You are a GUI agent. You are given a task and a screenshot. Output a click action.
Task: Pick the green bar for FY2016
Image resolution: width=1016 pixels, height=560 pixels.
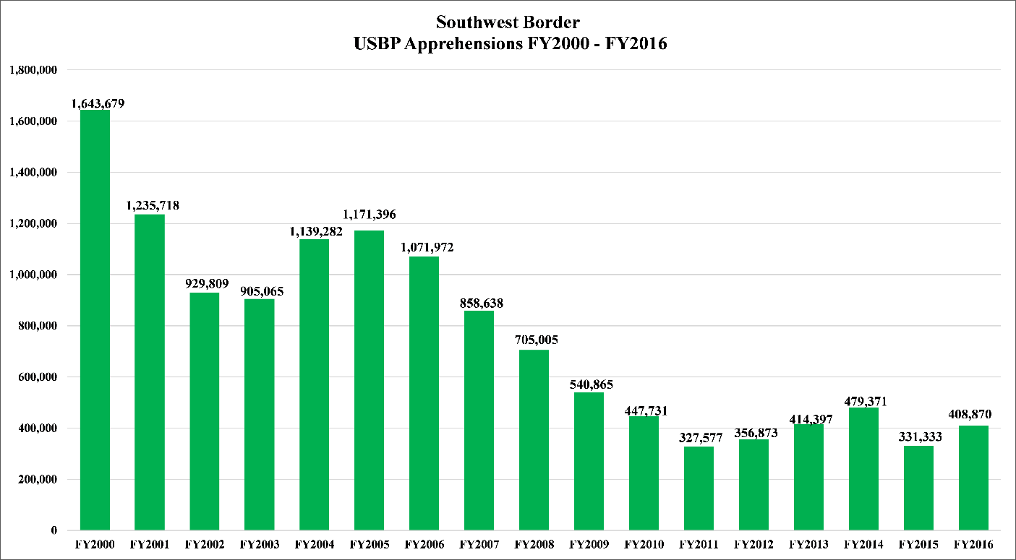[x=973, y=478]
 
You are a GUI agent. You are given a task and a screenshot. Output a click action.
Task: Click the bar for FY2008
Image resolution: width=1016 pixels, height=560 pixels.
[x=534, y=440]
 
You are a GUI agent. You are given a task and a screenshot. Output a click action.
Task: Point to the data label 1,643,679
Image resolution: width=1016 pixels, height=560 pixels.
[x=98, y=103]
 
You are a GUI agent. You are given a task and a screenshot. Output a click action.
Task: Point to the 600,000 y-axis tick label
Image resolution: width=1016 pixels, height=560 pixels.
[x=37, y=377]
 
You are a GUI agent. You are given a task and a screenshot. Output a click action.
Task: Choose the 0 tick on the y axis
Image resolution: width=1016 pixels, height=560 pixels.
[x=54, y=530]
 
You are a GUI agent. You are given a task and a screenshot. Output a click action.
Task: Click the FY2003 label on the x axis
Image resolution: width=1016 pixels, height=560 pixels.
[x=259, y=544]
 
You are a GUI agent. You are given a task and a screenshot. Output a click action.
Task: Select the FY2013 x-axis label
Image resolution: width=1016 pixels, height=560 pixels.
[x=808, y=544]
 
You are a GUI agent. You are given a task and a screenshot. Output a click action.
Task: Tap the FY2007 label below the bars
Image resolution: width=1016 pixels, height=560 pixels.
[x=479, y=544]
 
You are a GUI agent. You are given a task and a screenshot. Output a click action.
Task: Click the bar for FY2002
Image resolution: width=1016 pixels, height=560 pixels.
[x=204, y=411]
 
